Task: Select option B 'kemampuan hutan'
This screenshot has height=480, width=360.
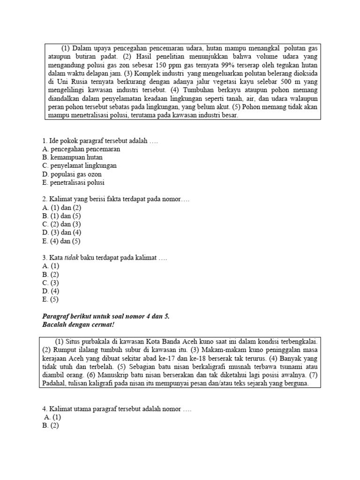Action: coord(72,157)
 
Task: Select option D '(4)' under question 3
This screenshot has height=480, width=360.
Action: coord(51,291)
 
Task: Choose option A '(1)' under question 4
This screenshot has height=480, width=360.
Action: coord(52,417)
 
